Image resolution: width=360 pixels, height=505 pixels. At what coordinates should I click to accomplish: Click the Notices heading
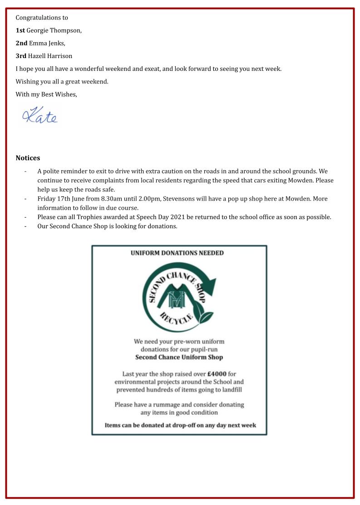pyautogui.click(x=28, y=158)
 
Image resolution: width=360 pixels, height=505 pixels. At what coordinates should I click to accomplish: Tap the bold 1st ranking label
pyautogui.click(x=20, y=30)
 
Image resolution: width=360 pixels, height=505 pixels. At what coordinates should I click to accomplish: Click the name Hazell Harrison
pyautogui.click(x=50, y=56)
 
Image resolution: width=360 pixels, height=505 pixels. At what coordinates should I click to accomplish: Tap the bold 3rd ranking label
pyautogui.click(x=21, y=56)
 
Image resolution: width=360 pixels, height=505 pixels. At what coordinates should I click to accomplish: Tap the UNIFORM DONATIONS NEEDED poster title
pyautogui.click(x=177, y=253)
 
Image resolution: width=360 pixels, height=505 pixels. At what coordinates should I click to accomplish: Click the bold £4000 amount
pyautogui.click(x=217, y=374)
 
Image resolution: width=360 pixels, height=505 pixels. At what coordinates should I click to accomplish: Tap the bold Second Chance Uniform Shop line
pyautogui.click(x=179, y=357)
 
